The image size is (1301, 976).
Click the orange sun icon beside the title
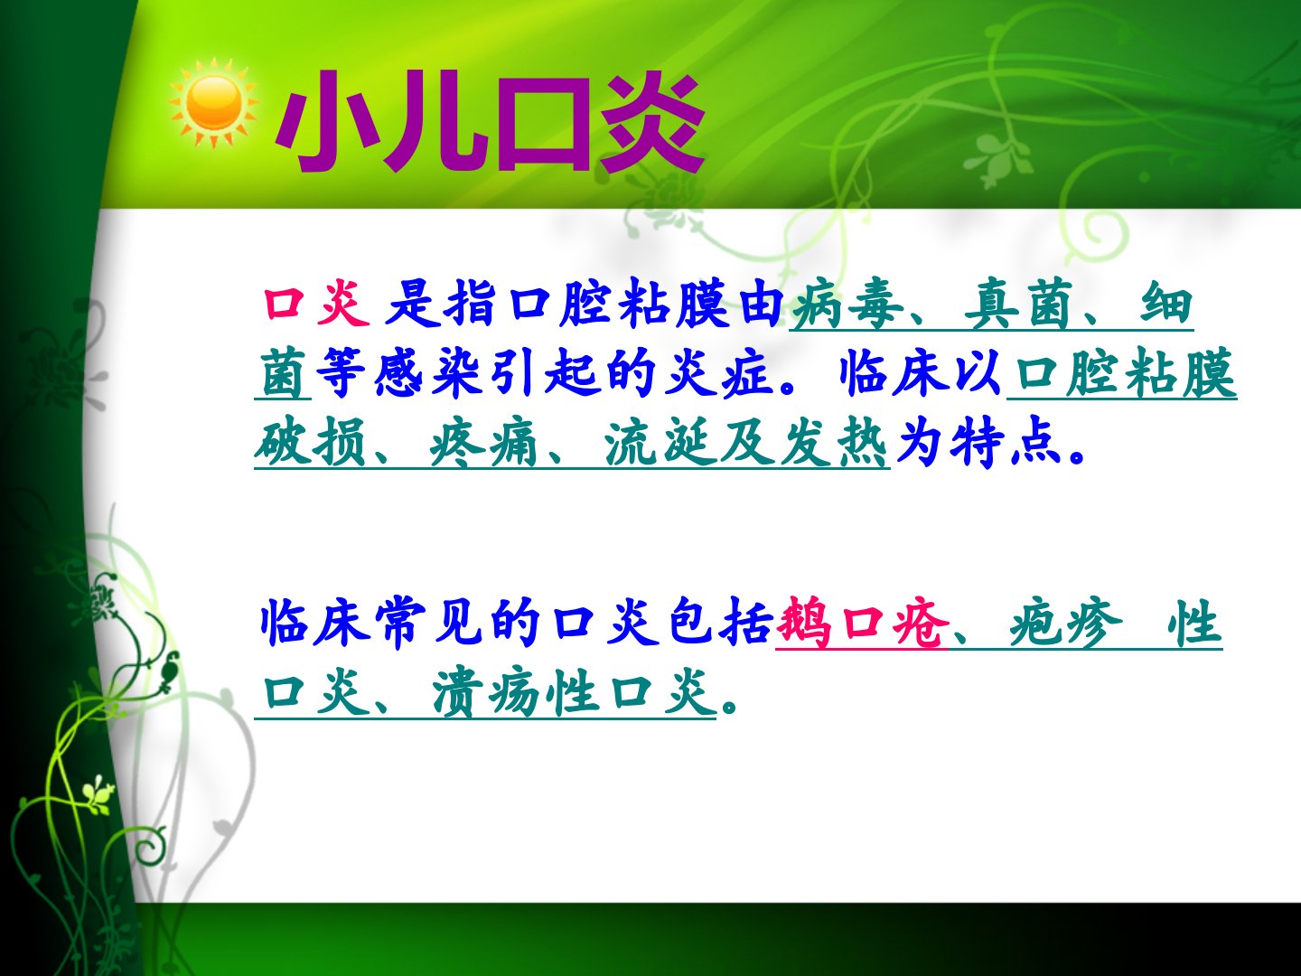(x=214, y=103)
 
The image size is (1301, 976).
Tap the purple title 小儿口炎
(x=491, y=121)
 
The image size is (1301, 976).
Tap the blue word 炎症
(x=717, y=373)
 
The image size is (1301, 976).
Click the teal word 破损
(x=310, y=442)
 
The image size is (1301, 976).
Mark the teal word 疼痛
(x=483, y=442)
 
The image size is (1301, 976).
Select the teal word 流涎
(x=658, y=442)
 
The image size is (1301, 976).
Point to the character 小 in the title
(x=321, y=121)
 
